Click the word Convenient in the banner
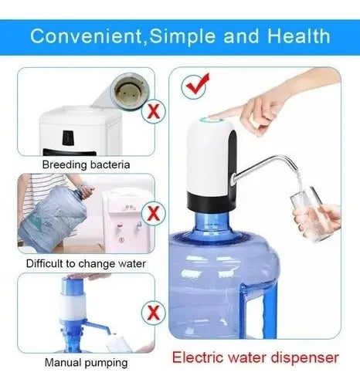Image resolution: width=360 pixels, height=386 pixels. tap(86, 36)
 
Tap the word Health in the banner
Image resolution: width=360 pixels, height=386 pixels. tap(299, 36)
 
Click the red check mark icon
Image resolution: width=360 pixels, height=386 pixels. tap(195, 86)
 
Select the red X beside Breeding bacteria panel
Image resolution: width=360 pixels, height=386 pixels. tap(154, 111)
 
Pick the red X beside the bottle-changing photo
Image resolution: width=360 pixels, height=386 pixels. tap(154, 213)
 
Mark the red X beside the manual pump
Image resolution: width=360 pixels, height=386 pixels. tap(154, 313)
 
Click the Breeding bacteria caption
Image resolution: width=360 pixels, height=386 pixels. tap(86, 164)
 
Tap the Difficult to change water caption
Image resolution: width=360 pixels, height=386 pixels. tap(86, 264)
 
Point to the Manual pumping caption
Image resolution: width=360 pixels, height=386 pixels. tap(86, 363)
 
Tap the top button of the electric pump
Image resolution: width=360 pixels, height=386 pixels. tap(212, 120)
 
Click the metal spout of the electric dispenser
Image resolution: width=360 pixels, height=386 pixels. tap(265, 168)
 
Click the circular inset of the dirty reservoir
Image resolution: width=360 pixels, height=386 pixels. tap(130, 91)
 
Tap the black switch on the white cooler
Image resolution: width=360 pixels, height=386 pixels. tap(68, 137)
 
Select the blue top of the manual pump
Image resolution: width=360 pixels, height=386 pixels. tap(73, 286)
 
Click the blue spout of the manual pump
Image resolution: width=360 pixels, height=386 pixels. tap(97, 327)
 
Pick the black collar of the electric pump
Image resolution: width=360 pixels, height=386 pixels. tap(211, 202)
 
